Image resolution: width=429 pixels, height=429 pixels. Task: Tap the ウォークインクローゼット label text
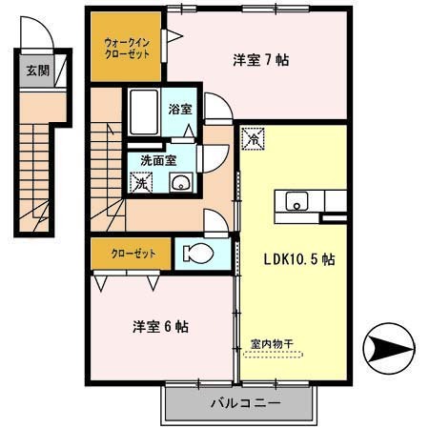tap(127, 49)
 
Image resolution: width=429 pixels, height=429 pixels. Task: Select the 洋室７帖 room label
tap(260, 60)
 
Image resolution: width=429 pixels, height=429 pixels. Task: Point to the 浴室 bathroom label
tap(180, 110)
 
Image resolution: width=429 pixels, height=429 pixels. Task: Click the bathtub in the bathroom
tap(144, 112)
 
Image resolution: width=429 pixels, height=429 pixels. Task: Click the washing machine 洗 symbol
tap(141, 181)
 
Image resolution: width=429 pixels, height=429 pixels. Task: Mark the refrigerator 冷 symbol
tap(254, 139)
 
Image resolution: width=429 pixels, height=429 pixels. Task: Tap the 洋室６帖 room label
tap(159, 327)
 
